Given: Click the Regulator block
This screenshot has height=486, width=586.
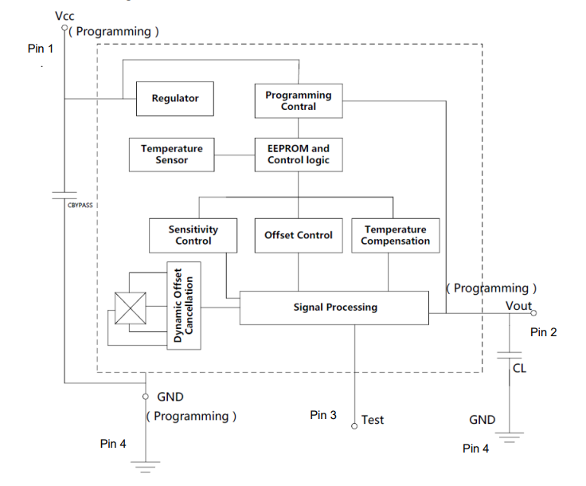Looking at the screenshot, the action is pyautogui.click(x=175, y=99).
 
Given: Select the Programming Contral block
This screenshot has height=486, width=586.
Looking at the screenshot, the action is pyautogui.click(x=299, y=101).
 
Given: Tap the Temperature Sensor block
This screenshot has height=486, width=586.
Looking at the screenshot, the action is pyautogui.click(x=171, y=155).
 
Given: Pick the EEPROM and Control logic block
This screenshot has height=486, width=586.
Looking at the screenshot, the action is pyautogui.click(x=299, y=155).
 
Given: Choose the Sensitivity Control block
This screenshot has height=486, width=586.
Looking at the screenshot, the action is pyautogui.click(x=193, y=236).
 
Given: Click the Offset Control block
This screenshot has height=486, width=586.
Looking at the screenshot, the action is pyautogui.click(x=299, y=236).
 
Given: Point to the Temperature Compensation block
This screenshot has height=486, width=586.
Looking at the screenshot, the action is pyautogui.click(x=396, y=236).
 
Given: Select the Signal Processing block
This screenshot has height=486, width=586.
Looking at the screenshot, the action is pyautogui.click(x=334, y=308).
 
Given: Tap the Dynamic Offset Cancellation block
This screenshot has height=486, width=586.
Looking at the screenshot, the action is pyautogui.click(x=183, y=305).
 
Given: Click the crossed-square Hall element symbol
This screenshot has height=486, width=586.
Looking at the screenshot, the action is pyautogui.click(x=130, y=308).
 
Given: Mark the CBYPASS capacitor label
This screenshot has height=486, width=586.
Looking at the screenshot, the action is pyautogui.click(x=80, y=206).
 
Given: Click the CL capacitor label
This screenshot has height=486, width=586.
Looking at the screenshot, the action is pyautogui.click(x=519, y=369).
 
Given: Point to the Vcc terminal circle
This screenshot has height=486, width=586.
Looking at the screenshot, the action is pyautogui.click(x=64, y=28).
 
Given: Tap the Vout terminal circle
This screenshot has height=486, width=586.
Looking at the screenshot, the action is pyautogui.click(x=533, y=313).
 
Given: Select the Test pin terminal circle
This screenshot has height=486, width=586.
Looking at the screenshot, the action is pyautogui.click(x=354, y=426).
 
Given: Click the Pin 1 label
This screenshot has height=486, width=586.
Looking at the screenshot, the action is pyautogui.click(x=41, y=49).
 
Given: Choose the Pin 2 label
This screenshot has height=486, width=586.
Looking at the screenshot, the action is pyautogui.click(x=543, y=332).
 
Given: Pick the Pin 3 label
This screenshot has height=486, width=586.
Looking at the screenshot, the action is pyautogui.click(x=323, y=415).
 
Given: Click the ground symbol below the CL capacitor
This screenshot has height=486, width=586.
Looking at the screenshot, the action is pyautogui.click(x=510, y=437).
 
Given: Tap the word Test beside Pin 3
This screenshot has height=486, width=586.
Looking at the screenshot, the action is pyautogui.click(x=373, y=420).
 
